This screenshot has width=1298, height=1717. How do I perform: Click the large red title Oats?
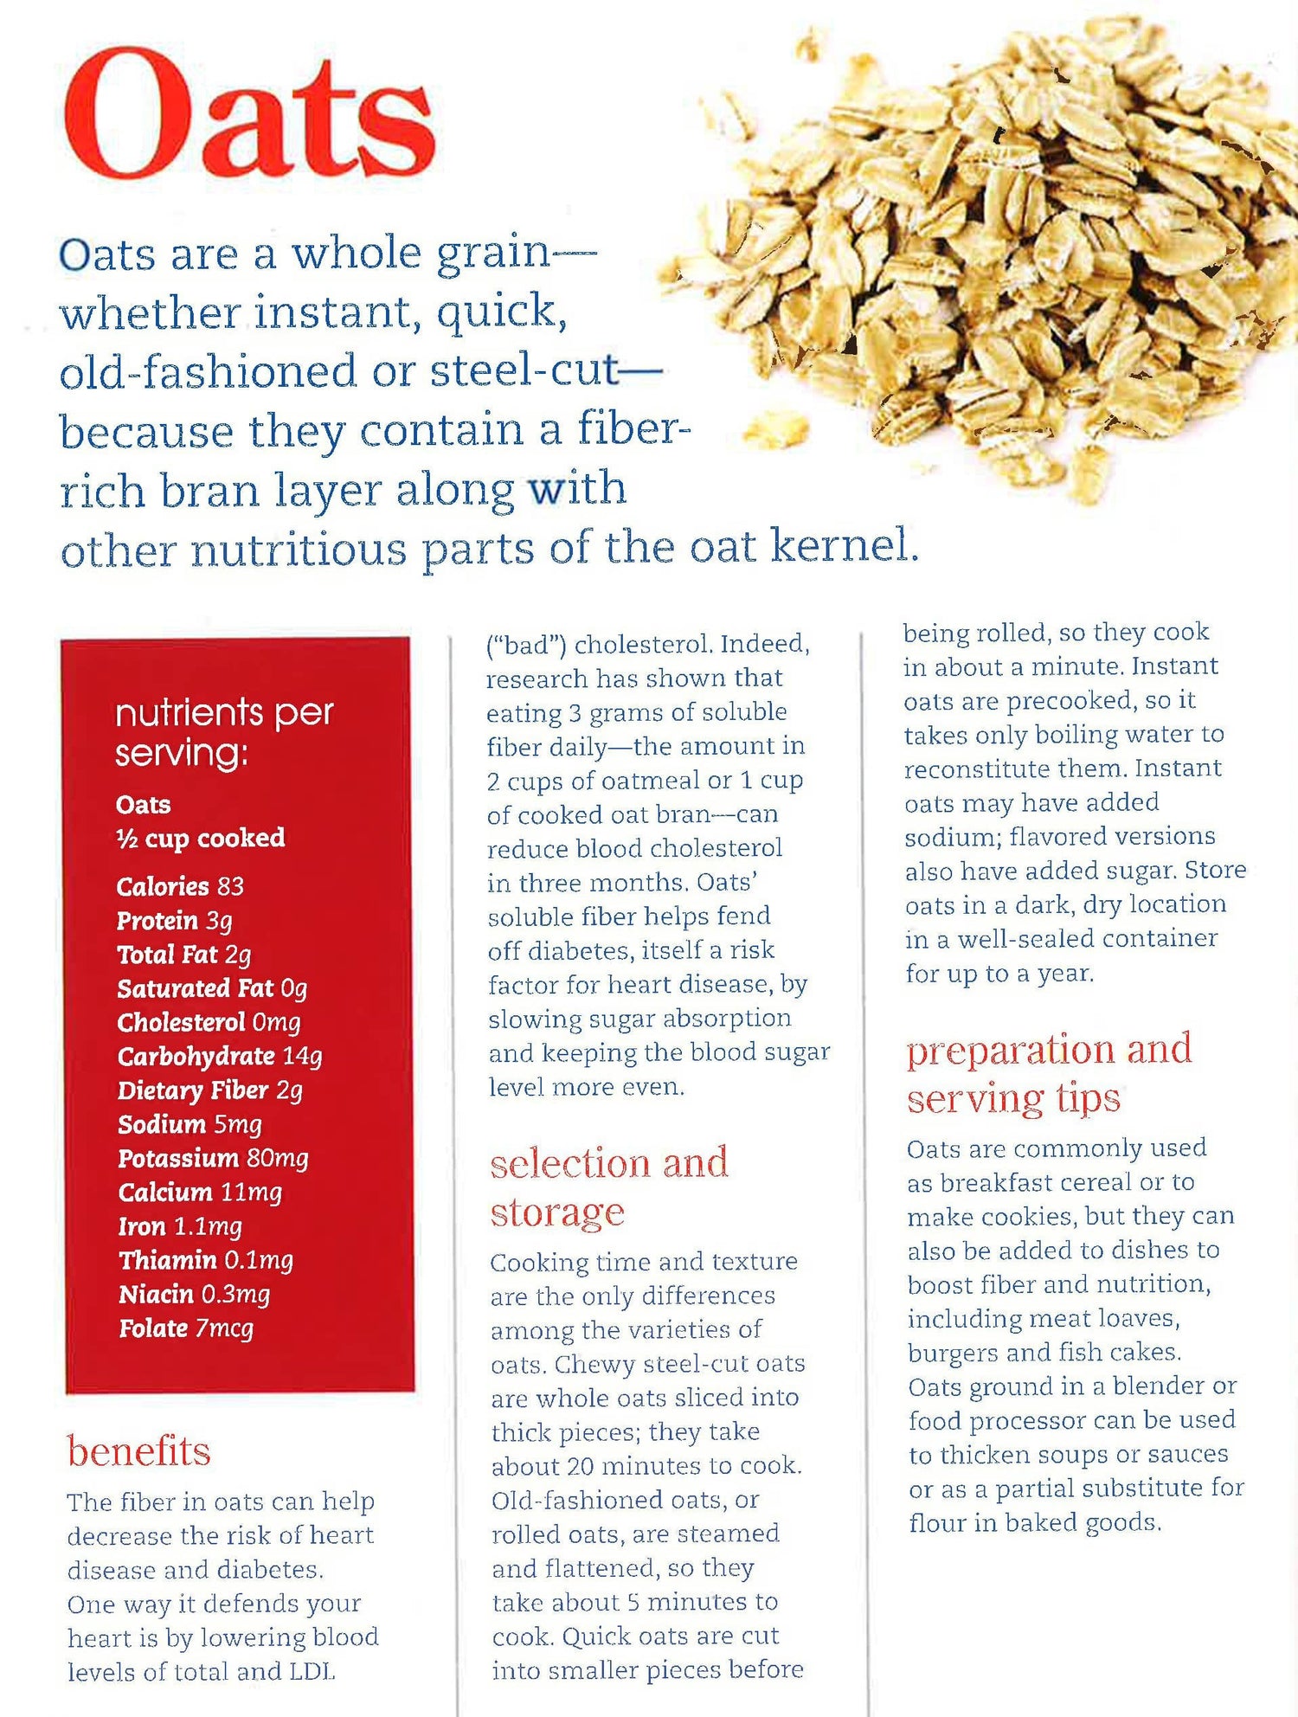point(249,113)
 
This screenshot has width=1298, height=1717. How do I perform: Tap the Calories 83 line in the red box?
point(180,886)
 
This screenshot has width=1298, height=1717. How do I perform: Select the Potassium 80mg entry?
point(213,1158)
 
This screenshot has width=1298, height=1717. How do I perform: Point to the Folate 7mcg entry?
point(186,1328)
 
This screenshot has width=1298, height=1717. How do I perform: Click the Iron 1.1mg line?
point(180,1226)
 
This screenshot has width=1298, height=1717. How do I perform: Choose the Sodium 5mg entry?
point(190,1124)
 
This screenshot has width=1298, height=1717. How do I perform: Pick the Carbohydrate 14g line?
point(220,1057)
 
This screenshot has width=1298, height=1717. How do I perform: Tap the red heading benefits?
point(138,1451)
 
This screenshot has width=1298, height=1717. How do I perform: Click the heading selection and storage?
point(609,1187)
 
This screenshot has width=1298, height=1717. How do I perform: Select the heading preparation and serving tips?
point(1049,1073)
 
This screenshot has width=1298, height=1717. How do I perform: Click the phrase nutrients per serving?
point(224,732)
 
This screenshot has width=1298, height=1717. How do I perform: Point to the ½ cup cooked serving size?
point(200,838)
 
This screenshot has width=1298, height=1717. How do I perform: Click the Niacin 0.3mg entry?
point(195,1295)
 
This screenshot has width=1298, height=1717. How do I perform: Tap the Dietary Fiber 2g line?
point(210,1090)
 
